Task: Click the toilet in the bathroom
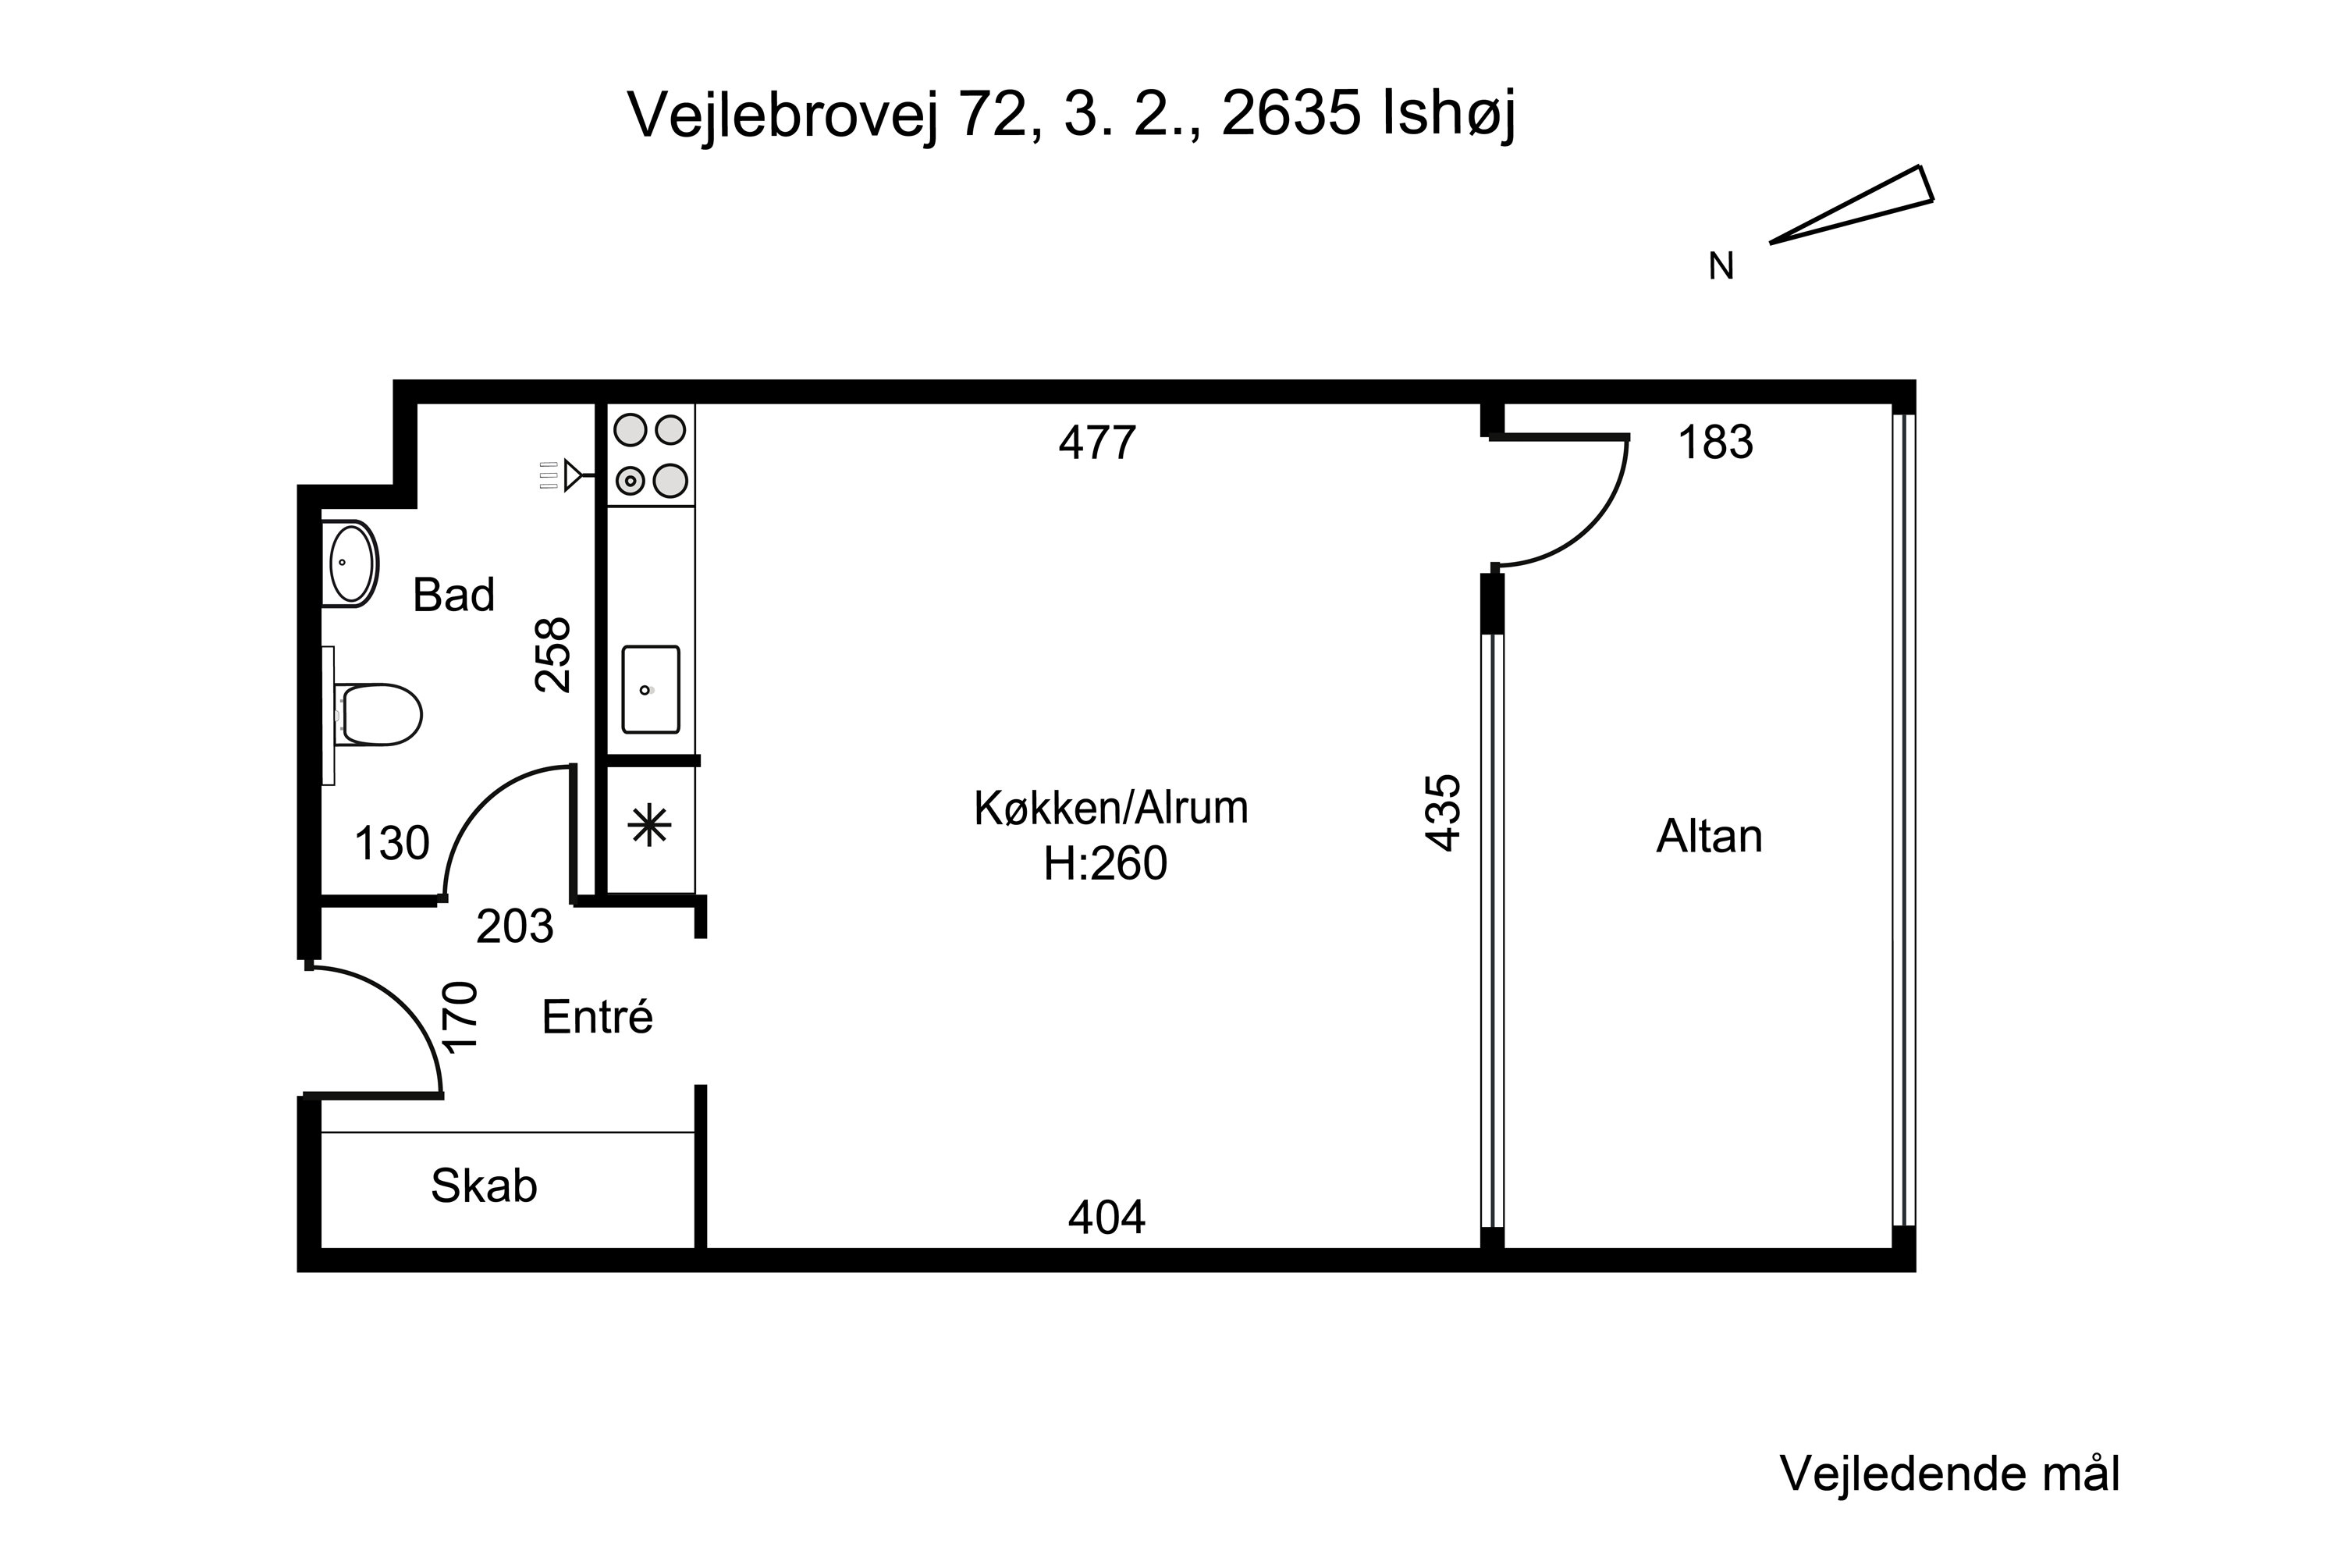click(x=379, y=714)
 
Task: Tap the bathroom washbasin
click(x=351, y=564)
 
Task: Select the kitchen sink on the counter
click(x=650, y=689)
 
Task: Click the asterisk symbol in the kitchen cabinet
click(x=650, y=825)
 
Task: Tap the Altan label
click(x=1708, y=836)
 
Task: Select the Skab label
click(x=484, y=1186)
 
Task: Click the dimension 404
click(x=1106, y=1217)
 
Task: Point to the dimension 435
click(x=1442, y=813)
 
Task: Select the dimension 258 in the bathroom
click(x=553, y=655)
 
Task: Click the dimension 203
click(x=513, y=927)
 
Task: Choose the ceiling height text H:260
click(x=1104, y=864)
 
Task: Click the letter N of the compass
click(x=1720, y=267)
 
